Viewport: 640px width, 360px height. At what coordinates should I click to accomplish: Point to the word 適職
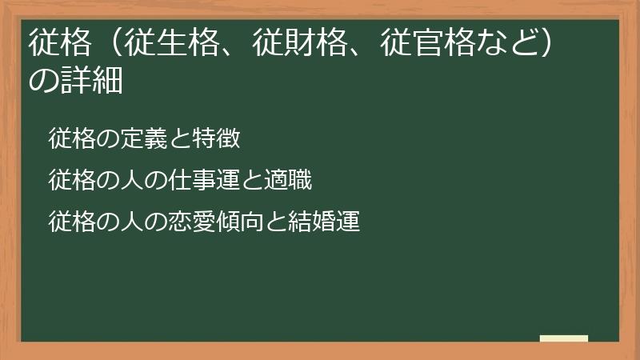[286, 180]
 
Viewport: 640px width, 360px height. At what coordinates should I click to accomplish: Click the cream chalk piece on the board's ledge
[564, 339]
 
